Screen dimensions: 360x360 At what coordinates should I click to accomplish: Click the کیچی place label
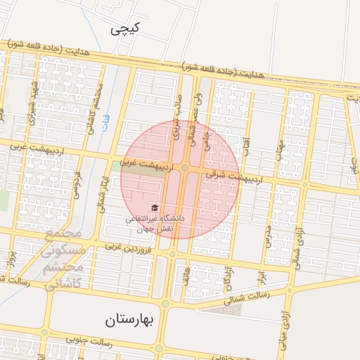(126, 29)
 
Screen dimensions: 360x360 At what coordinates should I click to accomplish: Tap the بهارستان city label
(133, 321)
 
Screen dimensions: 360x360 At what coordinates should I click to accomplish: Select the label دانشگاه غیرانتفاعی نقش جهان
(155, 224)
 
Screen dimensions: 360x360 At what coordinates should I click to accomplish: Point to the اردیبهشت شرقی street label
(238, 174)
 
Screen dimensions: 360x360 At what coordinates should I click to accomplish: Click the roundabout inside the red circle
(185, 168)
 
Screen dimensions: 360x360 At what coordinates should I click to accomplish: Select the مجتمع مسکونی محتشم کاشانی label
(64, 259)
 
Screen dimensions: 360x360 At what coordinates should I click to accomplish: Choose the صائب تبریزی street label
(179, 116)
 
